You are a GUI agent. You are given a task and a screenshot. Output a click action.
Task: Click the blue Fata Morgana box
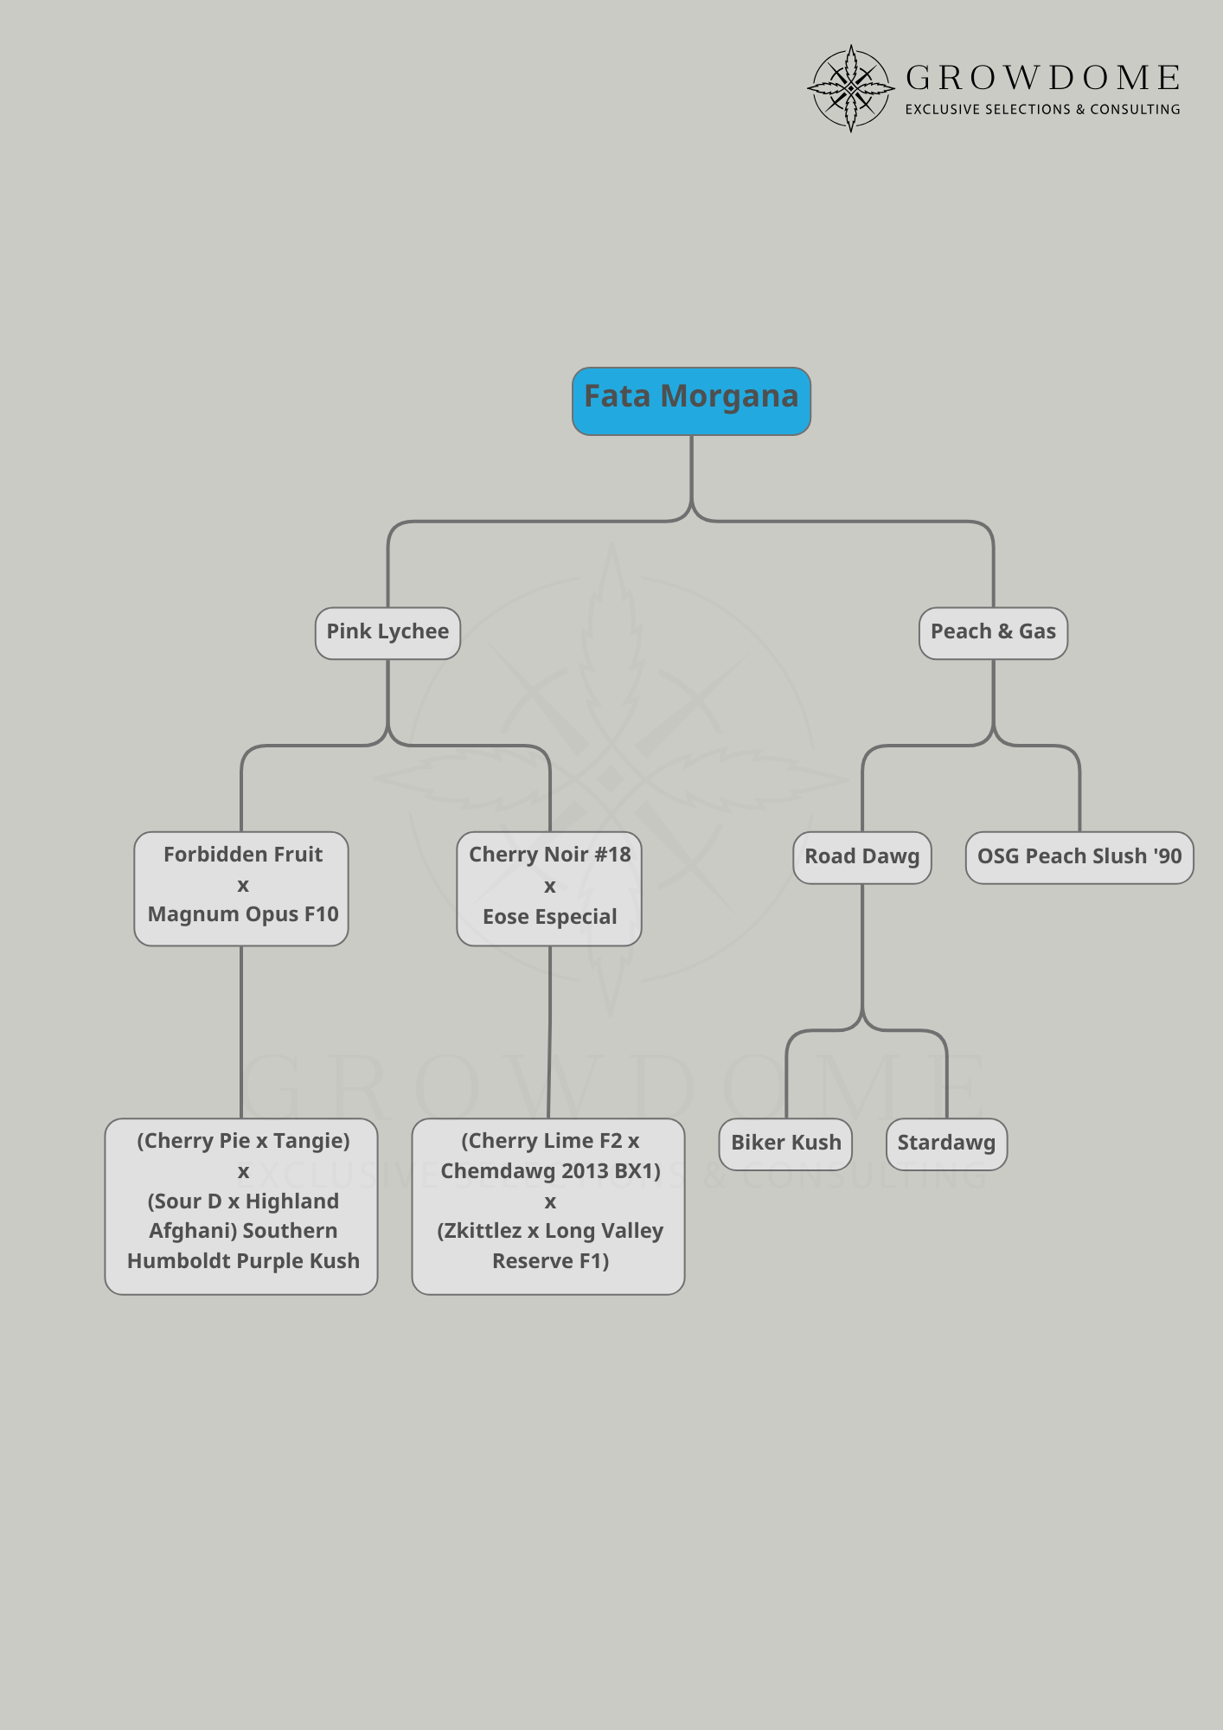pos(691,400)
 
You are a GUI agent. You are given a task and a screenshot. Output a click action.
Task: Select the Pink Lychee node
pos(387,632)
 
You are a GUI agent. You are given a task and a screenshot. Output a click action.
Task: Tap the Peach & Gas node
pos(993,632)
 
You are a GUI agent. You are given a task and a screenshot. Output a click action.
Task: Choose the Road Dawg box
pos(861,857)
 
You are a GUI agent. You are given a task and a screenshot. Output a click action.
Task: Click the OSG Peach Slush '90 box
pos(1079,857)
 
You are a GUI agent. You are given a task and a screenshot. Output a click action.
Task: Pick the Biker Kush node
pos(785,1144)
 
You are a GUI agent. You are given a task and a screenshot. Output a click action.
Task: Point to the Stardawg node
pos(946,1144)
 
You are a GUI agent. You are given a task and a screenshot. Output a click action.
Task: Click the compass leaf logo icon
pos(850,88)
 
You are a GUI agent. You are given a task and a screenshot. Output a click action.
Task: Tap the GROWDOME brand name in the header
pos(1042,79)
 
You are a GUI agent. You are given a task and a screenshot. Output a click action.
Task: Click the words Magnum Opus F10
pos(243,914)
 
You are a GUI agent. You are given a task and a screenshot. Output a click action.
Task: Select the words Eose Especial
pos(550,917)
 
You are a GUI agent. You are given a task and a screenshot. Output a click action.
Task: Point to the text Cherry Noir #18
pos(550,855)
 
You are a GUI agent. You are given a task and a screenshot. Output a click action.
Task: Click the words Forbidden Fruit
pos(243,855)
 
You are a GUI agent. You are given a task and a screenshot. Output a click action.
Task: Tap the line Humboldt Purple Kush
pos(243,1261)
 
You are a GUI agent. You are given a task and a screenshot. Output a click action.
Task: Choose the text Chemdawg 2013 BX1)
pos(550,1171)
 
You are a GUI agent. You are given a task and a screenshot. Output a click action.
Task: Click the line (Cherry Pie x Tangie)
pos(243,1141)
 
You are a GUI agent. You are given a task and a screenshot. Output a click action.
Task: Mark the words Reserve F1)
pos(550,1261)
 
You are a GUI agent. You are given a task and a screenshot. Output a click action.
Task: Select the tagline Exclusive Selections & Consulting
pos(1042,110)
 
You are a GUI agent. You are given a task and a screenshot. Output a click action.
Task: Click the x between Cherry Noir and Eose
pos(550,887)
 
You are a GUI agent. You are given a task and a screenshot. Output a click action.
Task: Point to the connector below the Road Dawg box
pos(862,951)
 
